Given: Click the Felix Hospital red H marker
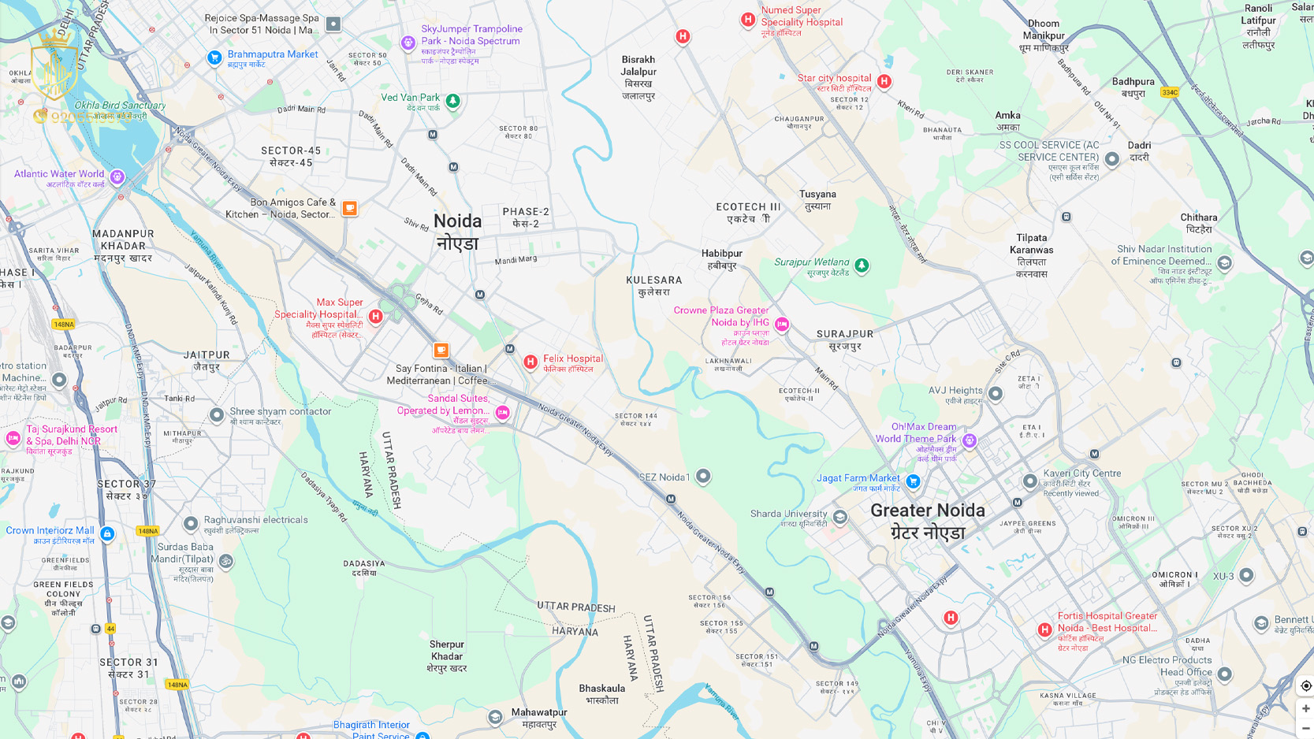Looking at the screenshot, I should pos(530,362).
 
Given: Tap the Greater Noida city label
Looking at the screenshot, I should pos(928,521).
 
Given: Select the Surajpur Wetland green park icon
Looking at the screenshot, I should pos(862,266).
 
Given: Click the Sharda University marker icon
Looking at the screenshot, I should pos(840,517).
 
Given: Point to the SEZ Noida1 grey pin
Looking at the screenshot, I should pos(703,476).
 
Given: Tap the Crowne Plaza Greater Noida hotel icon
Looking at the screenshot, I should pos(782,324).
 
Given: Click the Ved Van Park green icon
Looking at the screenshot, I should pos(452,101).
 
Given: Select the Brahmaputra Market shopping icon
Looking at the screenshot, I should pos(214,58).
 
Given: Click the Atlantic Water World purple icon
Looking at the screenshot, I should pos(117,176).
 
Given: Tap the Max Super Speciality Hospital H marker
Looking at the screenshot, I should pos(376,316).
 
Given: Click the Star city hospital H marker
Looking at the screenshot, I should pos(884,81).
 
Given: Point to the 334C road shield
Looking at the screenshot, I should pos(1170,92).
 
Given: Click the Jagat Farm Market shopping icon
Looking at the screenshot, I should pos(913,481).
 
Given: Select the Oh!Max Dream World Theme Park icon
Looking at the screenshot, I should pos(970,440).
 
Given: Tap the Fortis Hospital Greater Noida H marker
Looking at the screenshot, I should pos(1044,629).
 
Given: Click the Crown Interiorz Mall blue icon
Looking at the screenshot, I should pos(107,533).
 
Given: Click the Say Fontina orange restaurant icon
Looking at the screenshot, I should pos(441,350).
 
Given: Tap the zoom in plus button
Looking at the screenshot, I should pos(1305,708).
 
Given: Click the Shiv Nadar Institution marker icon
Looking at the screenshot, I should pos(1224,263).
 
